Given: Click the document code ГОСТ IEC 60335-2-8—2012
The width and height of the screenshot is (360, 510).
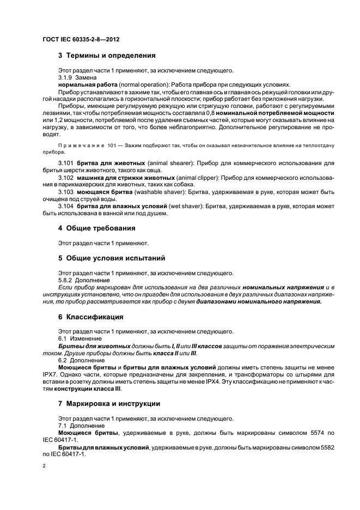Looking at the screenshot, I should pos(81,40).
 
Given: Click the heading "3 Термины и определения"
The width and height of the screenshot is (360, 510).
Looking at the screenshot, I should pos(107,55).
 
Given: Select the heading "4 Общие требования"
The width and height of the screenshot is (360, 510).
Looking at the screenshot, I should pos(96,228).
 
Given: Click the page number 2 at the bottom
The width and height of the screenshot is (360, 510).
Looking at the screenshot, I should pos(44,466).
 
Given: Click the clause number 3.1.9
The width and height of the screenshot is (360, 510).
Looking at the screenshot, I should pos(66,77).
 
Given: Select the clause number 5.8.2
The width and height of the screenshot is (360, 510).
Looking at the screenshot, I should pos(66,280).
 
